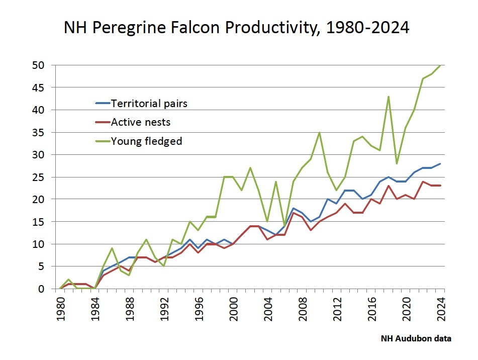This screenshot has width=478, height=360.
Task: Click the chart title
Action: click(x=236, y=28)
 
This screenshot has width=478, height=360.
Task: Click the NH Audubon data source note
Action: click(x=415, y=339)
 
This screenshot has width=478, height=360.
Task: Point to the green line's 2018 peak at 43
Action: click(x=389, y=97)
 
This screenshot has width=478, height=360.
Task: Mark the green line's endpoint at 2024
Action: click(x=441, y=65)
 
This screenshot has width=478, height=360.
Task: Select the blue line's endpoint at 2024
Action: click(x=441, y=163)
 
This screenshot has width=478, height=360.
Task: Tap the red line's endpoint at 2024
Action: click(x=441, y=186)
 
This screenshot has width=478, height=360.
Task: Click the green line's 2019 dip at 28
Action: click(x=397, y=163)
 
